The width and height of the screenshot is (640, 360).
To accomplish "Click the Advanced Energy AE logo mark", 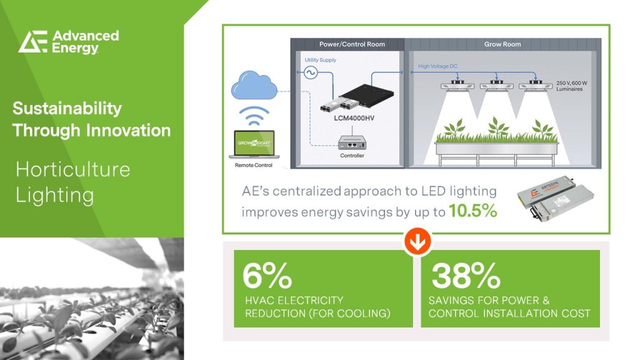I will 32,41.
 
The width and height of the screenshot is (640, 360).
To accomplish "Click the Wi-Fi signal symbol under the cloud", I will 253,116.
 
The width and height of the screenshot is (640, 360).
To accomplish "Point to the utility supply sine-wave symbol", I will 309,73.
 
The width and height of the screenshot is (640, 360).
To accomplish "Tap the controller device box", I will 351,142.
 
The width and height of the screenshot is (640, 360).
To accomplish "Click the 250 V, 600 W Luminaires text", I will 573,86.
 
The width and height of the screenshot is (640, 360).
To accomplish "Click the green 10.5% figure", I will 472,211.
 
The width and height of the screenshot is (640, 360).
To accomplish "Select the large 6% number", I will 267,274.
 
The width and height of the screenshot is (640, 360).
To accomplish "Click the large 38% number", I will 466,274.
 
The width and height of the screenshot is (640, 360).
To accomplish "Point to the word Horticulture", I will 72,169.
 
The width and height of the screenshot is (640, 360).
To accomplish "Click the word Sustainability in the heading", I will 67,108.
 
